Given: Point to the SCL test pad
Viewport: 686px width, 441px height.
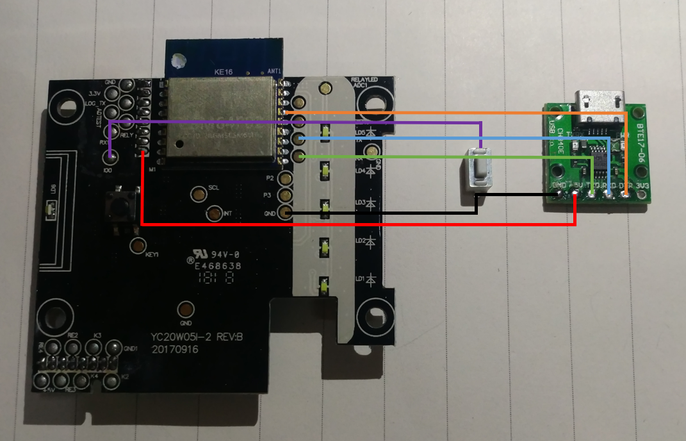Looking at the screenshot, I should pyautogui.click(x=200, y=192).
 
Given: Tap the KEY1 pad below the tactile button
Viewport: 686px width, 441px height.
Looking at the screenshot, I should pyautogui.click(x=138, y=244).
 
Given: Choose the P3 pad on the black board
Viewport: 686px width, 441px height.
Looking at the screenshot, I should pyautogui.click(x=286, y=196).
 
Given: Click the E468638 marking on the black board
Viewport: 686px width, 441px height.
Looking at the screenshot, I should pyautogui.click(x=218, y=265).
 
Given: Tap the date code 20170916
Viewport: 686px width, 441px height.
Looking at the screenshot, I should pyautogui.click(x=175, y=350).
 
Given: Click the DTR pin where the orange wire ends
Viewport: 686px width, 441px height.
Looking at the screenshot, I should pyautogui.click(x=625, y=194).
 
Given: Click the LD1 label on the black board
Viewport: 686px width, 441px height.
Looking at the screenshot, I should pyautogui.click(x=361, y=279).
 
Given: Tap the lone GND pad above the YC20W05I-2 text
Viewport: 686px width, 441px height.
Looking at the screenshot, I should pyautogui.click(x=186, y=310).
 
